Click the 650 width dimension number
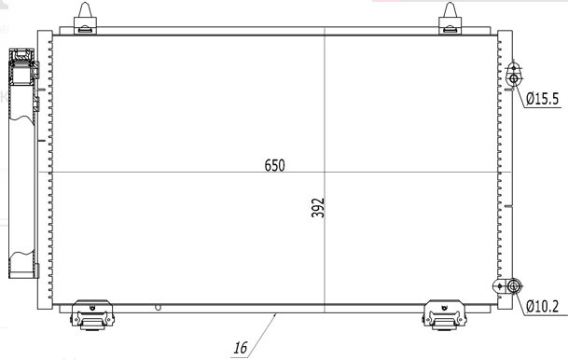click(273, 165)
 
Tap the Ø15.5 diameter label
click(541, 97)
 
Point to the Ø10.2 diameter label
click(541, 305)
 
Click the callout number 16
click(240, 348)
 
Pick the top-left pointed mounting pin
click(86, 13)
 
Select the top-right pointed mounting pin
click(450, 13)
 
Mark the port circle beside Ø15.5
click(513, 77)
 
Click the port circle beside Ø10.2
click(513, 286)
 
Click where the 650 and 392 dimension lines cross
click(324, 173)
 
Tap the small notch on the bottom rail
click(159, 307)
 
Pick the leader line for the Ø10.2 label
click(519, 297)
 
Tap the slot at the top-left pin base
click(86, 27)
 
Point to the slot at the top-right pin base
click(450, 27)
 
